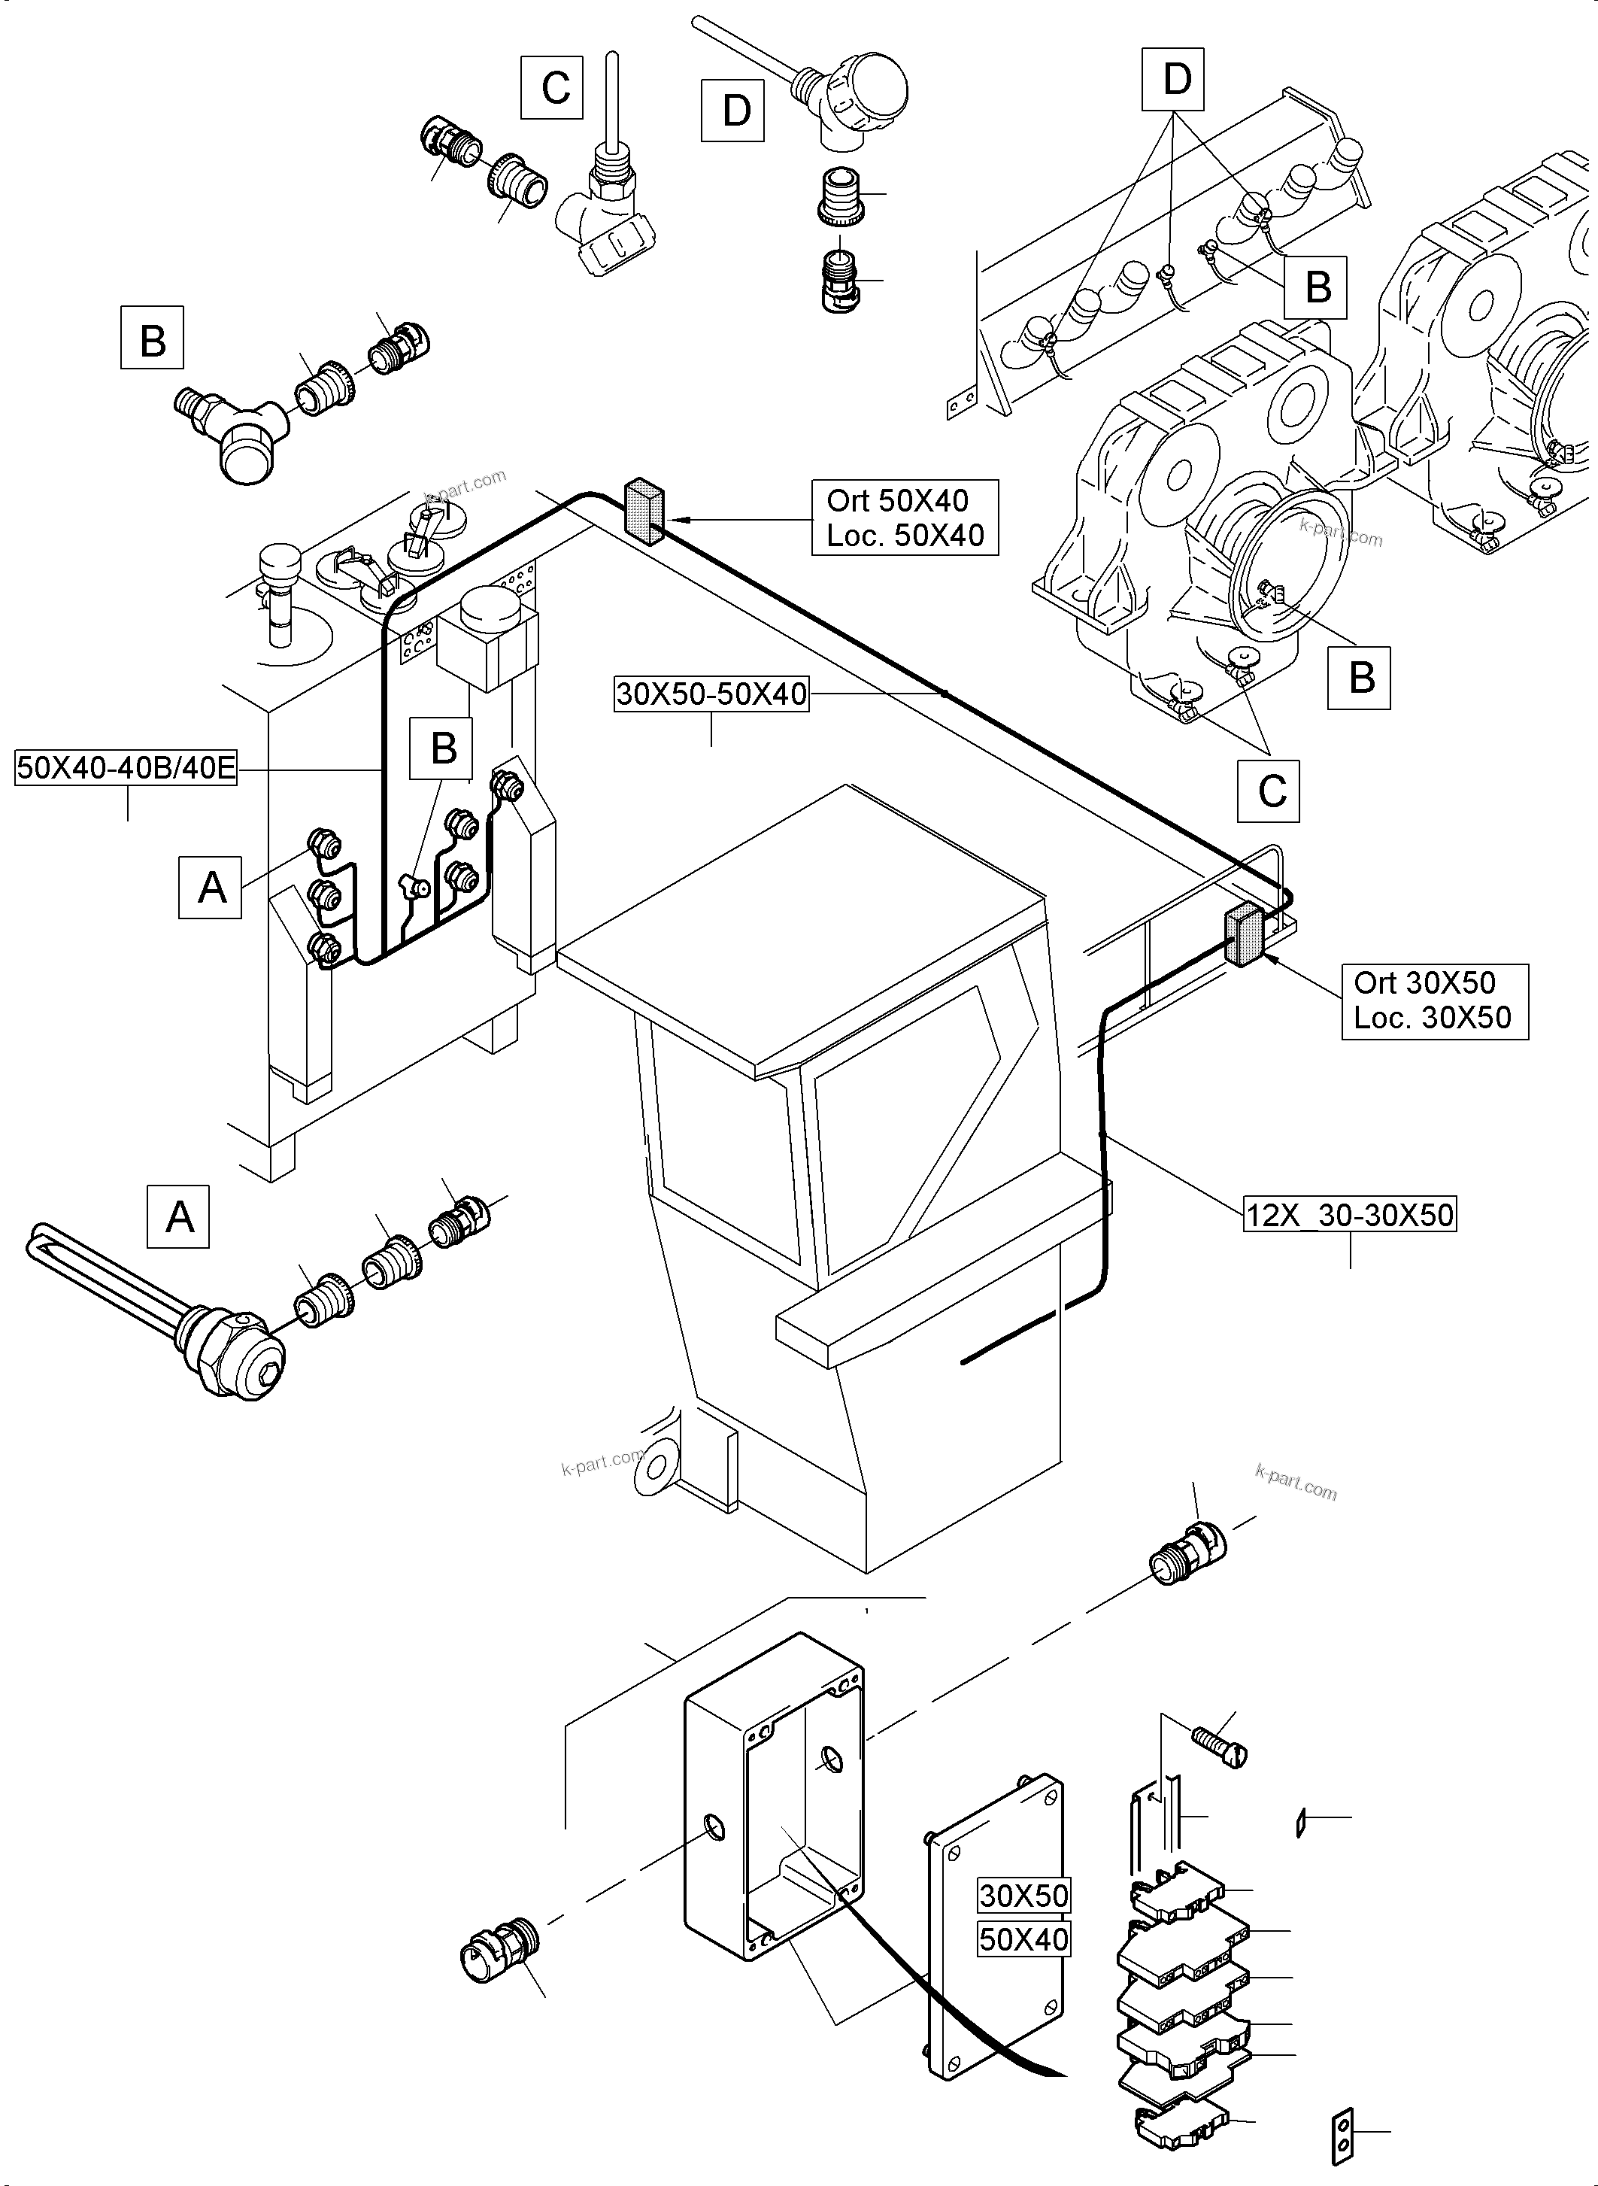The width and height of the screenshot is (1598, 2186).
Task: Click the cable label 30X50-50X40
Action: pos(711,694)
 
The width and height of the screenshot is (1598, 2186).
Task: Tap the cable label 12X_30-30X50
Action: pos(1349,1214)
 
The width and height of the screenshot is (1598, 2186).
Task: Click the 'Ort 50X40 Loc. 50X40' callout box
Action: pos(905,518)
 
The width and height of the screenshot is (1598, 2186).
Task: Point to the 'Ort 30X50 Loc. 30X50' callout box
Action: pos(1433,1000)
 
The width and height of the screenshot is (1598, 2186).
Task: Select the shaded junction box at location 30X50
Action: pos(1244,935)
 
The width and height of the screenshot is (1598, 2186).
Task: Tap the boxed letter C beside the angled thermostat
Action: pos(552,88)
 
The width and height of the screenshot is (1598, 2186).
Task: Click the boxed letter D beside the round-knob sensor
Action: pos(732,111)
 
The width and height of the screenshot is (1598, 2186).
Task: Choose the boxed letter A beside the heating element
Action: pos(178,1216)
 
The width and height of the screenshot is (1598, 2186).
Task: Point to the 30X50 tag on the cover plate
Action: pos(1023,1895)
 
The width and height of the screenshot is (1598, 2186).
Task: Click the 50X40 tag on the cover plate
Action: pos(1023,1939)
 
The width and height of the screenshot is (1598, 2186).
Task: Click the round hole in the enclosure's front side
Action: pos(714,1828)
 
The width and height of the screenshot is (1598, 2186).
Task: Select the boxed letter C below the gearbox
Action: pos(1269,791)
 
